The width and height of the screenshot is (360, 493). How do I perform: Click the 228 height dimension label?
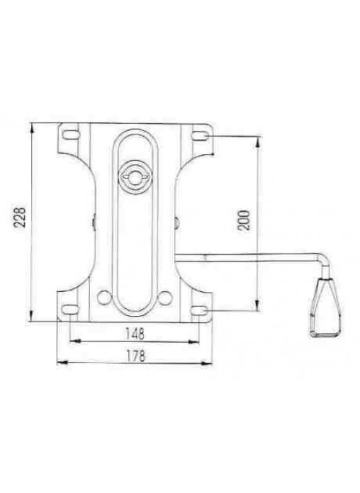coord(21,217)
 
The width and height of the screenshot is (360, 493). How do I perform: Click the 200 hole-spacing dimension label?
coord(244,220)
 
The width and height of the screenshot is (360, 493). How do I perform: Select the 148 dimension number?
coord(135,334)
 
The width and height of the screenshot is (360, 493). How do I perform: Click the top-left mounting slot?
coord(70,135)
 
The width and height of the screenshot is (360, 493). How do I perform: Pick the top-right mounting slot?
coord(200,135)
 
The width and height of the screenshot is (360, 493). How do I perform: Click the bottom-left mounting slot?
coord(70,310)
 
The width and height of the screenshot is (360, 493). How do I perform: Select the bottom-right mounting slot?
coord(199,311)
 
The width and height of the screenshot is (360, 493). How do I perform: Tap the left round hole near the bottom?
coord(104,297)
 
